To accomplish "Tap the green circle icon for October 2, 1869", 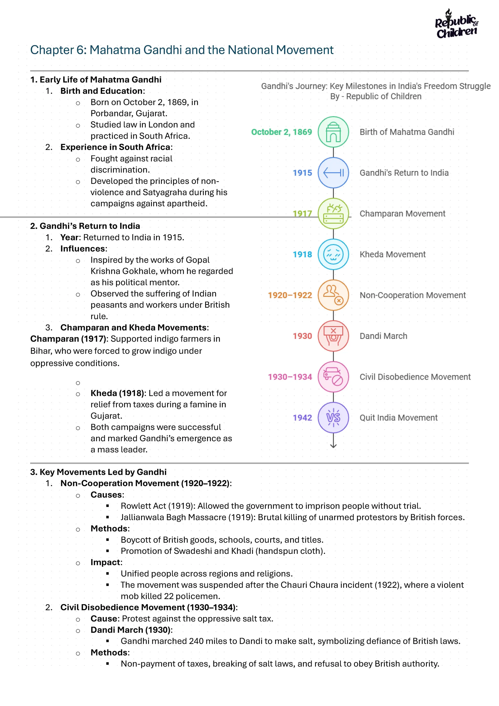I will (x=333, y=132).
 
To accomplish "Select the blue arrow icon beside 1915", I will (x=333, y=173).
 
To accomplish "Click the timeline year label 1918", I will (x=302, y=255).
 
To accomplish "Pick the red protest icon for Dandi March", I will (x=333, y=336).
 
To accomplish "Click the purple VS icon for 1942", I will (x=333, y=418).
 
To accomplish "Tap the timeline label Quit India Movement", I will (x=399, y=418).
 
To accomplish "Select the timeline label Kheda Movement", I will (x=392, y=255).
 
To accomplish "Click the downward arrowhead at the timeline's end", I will (x=333, y=446).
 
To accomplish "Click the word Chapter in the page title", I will (x=52, y=50).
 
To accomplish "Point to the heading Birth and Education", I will (x=101, y=91).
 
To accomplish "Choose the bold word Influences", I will (x=83, y=249).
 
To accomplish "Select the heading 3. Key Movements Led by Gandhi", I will (x=98, y=472).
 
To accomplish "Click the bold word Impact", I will (x=106, y=562).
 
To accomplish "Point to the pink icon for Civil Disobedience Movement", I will (x=333, y=377).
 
